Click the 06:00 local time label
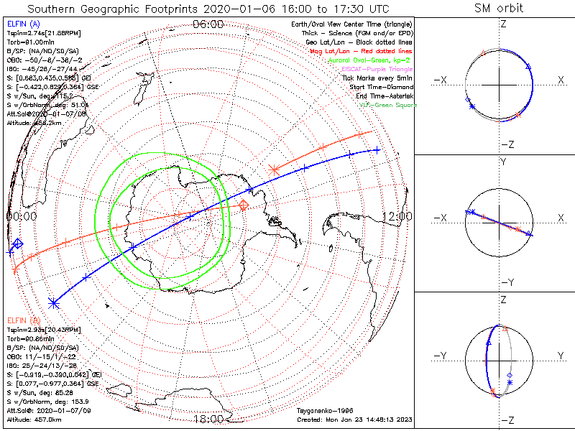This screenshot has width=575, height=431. pyautogui.click(x=208, y=24)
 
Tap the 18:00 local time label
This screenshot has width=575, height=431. pyautogui.click(x=208, y=419)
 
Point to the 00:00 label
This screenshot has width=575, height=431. pyautogui.click(x=21, y=215)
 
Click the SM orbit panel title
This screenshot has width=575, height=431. pyautogui.click(x=499, y=9)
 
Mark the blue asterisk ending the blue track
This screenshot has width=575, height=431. pyautogui.click(x=52, y=302)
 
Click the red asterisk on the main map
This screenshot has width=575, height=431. pyautogui.click(x=274, y=170)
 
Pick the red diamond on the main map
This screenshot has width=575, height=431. pyautogui.click(x=244, y=205)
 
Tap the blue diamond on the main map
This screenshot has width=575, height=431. pyautogui.click(x=18, y=244)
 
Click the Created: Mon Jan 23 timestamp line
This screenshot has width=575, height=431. pyautogui.click(x=353, y=418)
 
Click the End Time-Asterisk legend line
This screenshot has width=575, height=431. pyautogui.click(x=375, y=96)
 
